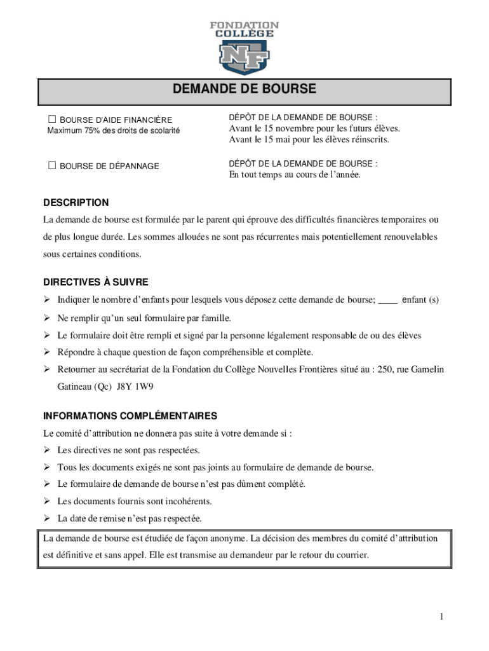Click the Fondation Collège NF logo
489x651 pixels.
point(245,48)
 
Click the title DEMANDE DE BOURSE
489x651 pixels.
point(245,89)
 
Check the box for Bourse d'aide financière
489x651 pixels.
point(52,120)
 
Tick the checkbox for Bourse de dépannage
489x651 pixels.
point(52,166)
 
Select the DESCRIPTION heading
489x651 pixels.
point(76,203)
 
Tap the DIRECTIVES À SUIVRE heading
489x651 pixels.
point(95,282)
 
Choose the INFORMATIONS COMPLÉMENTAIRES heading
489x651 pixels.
point(130,416)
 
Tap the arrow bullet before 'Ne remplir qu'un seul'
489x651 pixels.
point(47,318)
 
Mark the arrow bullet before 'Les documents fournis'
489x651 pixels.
point(47,502)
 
